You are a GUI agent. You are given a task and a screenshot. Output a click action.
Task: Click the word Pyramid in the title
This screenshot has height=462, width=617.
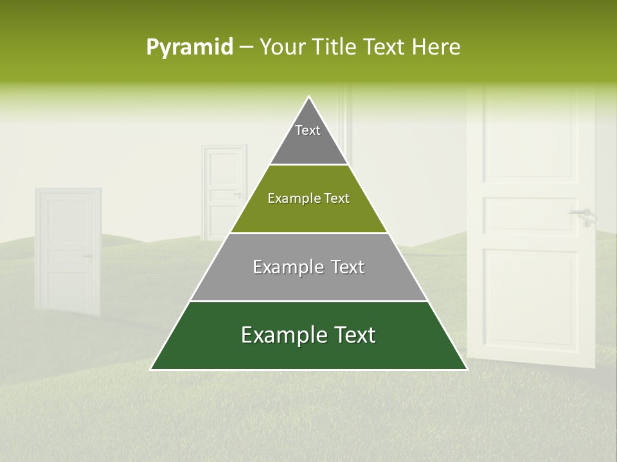(x=189, y=47)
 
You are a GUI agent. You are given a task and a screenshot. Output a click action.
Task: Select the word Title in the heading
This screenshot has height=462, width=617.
(x=335, y=47)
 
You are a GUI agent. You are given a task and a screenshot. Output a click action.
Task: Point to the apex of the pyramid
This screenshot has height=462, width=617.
(x=309, y=98)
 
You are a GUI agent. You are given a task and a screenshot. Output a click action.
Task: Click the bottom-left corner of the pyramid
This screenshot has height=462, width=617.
(x=152, y=369)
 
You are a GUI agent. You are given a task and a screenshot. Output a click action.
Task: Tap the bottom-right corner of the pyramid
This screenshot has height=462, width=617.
(x=466, y=369)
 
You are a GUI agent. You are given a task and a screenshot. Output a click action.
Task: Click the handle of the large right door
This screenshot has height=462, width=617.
(x=582, y=214)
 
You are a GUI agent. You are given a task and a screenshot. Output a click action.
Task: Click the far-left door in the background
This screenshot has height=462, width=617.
(x=68, y=250)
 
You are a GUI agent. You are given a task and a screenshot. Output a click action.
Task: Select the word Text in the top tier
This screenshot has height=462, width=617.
(x=308, y=130)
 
